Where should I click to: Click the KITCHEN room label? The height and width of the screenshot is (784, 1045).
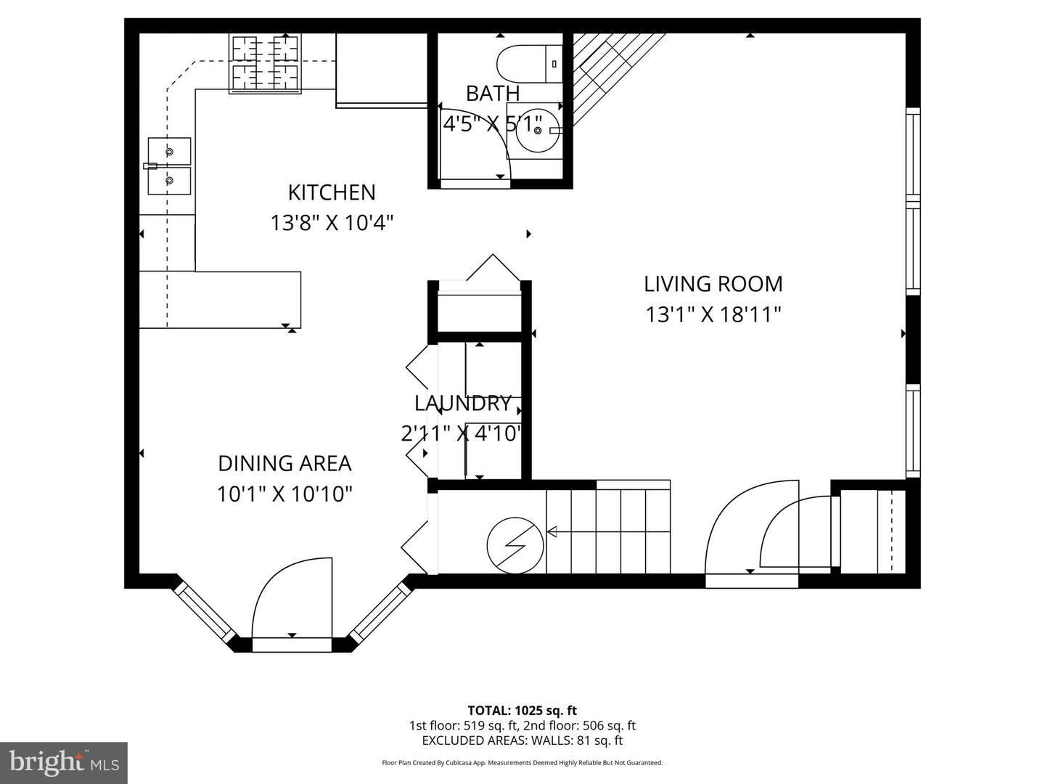pyautogui.click(x=332, y=192)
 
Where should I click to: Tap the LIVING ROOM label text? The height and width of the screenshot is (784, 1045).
pyautogui.click(x=713, y=284)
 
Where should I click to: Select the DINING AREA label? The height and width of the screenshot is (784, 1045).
pyautogui.click(x=284, y=463)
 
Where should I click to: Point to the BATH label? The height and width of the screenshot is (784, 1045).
pyautogui.click(x=493, y=94)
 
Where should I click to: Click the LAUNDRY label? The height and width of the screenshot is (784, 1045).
pyautogui.click(x=463, y=404)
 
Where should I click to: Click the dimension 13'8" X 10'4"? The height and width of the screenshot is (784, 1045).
pyautogui.click(x=332, y=222)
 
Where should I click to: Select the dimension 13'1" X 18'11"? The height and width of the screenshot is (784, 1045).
pyautogui.click(x=713, y=314)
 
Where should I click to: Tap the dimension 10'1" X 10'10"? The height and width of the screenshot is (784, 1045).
pyautogui.click(x=284, y=494)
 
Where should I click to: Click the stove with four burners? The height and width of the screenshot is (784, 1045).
pyautogui.click(x=265, y=63)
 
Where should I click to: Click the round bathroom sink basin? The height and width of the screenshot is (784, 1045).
pyautogui.click(x=537, y=131)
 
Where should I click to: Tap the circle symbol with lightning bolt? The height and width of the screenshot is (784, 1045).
pyautogui.click(x=515, y=544)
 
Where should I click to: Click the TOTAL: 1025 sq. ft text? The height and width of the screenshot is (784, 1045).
pyautogui.click(x=522, y=711)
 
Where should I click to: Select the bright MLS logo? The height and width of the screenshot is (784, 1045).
pyautogui.click(x=64, y=762)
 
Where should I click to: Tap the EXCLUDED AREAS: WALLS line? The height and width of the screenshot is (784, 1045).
pyautogui.click(x=522, y=740)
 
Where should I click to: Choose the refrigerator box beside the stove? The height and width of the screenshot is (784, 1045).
pyautogui.click(x=381, y=69)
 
